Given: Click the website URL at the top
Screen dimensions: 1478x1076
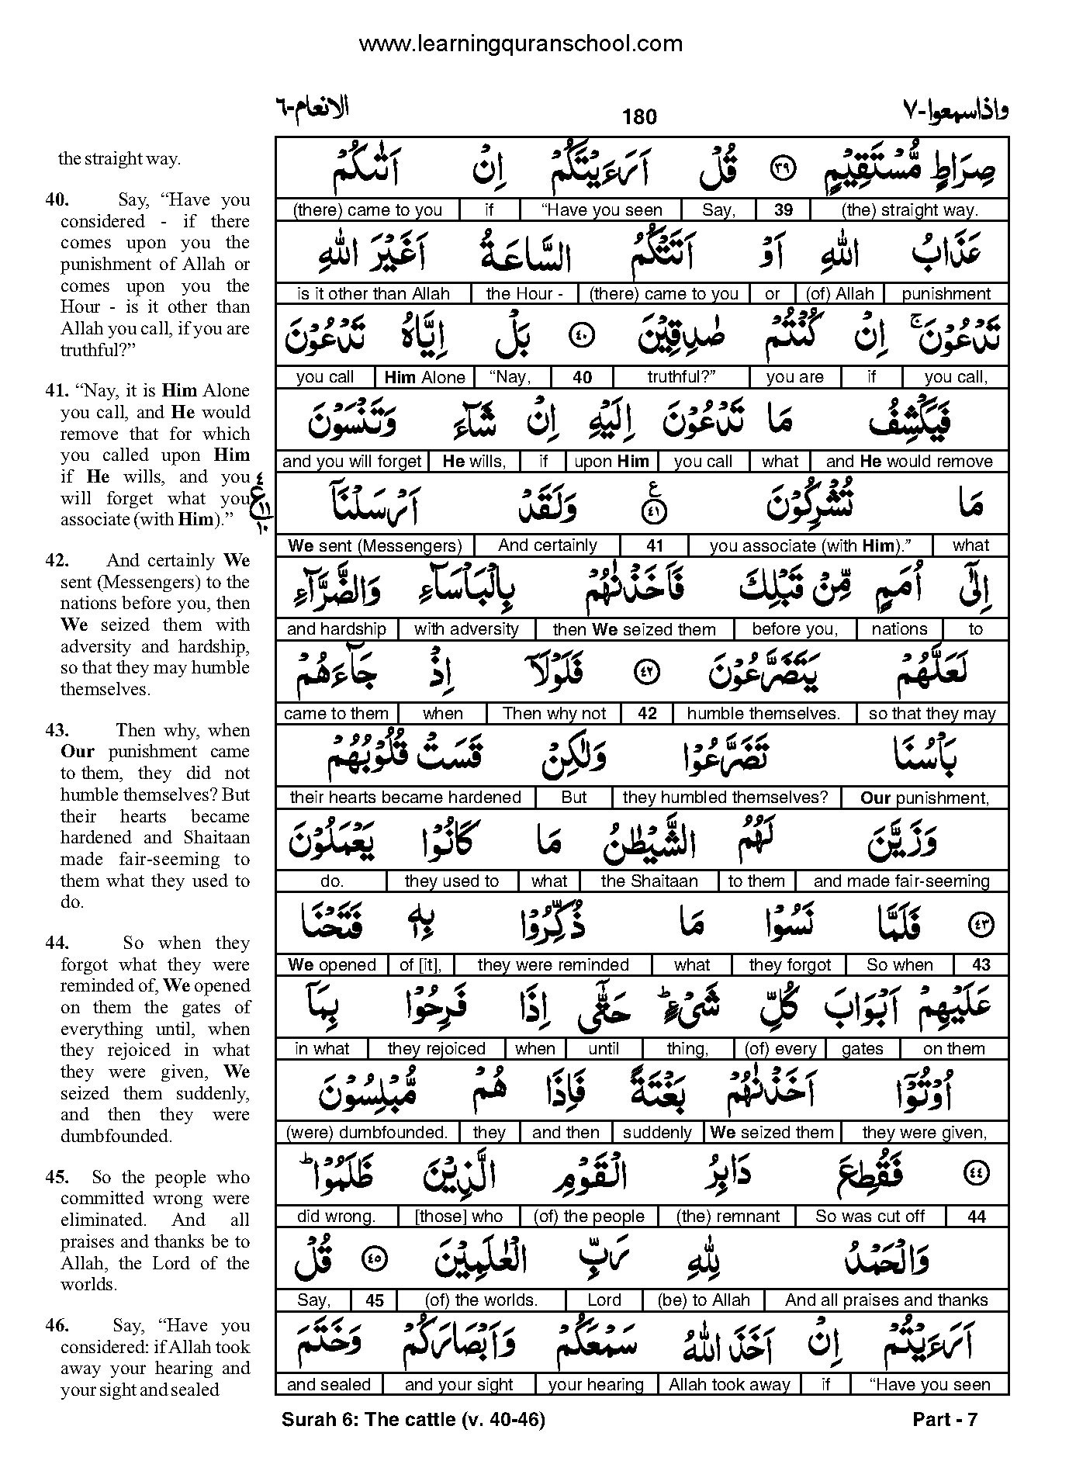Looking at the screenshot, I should pyautogui.click(x=521, y=44).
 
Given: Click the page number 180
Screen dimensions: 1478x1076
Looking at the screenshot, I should pyautogui.click(x=639, y=117).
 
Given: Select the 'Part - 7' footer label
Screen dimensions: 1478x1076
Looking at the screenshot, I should pyautogui.click(x=945, y=1420).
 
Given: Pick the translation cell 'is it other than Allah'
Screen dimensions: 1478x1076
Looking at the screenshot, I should pyautogui.click(x=373, y=294).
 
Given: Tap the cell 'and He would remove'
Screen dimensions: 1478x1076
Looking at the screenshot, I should pyautogui.click(x=909, y=462).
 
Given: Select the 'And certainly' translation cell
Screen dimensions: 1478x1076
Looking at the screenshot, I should pyautogui.click(x=548, y=545).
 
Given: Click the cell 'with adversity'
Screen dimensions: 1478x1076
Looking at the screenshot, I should pyautogui.click(x=466, y=629).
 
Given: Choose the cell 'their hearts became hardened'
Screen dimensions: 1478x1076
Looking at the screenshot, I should pyautogui.click(x=405, y=798).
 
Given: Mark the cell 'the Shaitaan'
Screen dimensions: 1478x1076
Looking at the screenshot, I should pyautogui.click(x=649, y=881).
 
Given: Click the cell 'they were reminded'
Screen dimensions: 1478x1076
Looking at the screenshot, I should pyautogui.click(x=553, y=965).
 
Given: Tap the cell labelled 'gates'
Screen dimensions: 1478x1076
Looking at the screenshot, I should pyautogui.click(x=862, y=1049).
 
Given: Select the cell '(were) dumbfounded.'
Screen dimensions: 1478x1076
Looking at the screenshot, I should pyautogui.click(x=367, y=1133).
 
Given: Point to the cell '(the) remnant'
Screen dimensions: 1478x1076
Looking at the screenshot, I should pyautogui.click(x=727, y=1217).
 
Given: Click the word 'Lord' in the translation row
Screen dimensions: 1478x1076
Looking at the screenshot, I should pyautogui.click(x=604, y=1300).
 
